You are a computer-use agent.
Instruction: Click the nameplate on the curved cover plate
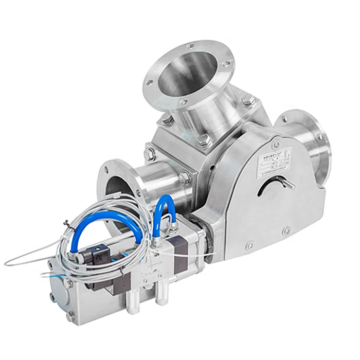pyautogui.click(x=274, y=163)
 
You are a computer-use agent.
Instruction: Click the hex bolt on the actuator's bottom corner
pyautogui.click(x=70, y=315)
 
